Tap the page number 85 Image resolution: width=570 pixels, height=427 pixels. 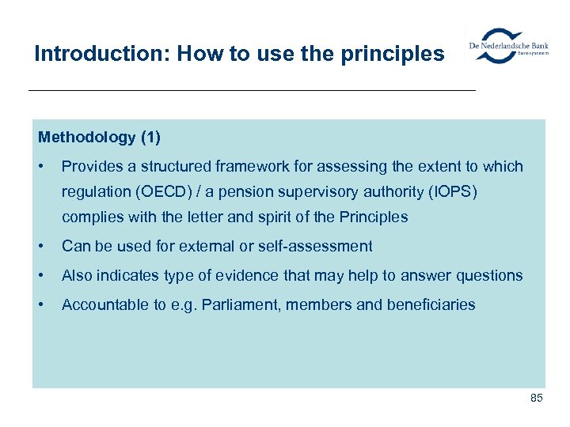[536, 398]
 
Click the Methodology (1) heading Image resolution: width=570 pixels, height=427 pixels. [99, 138]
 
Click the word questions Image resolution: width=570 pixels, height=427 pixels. [489, 275]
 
